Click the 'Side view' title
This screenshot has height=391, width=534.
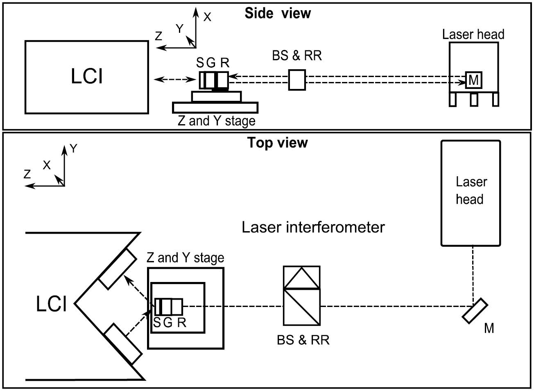[x=277, y=13]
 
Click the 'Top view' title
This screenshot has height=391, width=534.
[x=277, y=143]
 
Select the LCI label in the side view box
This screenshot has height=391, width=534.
[x=86, y=77]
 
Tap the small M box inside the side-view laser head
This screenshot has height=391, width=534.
[x=473, y=80]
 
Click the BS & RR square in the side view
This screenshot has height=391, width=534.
[x=297, y=80]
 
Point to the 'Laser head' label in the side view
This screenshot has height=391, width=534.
[x=473, y=34]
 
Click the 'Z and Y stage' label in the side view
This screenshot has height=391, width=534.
[x=216, y=121]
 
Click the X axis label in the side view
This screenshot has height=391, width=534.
[x=208, y=17]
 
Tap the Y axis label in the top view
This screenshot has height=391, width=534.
[x=73, y=149]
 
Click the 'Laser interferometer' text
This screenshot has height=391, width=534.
[x=313, y=227]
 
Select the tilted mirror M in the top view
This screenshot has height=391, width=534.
[x=475, y=311]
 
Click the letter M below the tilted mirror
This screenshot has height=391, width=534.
[x=489, y=328]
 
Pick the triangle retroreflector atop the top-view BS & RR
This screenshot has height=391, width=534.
[x=301, y=278]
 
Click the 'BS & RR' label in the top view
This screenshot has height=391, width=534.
[x=303, y=340]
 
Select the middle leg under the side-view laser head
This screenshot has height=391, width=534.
[x=474, y=100]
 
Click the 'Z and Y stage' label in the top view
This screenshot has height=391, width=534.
[x=185, y=258]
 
